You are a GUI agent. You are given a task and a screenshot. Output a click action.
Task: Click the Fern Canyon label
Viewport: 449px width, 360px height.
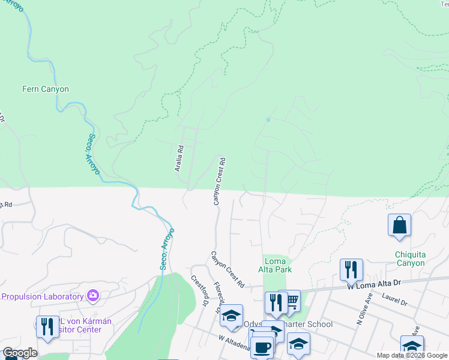46,89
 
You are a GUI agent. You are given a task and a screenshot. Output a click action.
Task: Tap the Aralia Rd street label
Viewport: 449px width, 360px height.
179,158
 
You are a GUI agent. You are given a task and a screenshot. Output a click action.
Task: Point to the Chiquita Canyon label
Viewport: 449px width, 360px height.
410,259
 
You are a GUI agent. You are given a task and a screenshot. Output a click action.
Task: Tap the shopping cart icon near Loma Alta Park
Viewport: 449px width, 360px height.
292,301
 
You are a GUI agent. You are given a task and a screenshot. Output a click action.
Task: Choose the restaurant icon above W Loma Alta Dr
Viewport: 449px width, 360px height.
351,270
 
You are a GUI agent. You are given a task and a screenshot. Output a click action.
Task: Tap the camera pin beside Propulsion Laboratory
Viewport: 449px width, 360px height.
93,295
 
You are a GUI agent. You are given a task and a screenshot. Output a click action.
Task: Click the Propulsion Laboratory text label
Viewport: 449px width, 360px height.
41,296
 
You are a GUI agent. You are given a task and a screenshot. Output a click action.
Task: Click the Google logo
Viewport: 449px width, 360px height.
20,353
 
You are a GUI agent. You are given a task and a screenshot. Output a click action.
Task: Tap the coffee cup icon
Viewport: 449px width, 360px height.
261,347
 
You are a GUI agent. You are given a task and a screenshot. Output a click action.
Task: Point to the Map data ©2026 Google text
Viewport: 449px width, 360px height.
412,355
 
